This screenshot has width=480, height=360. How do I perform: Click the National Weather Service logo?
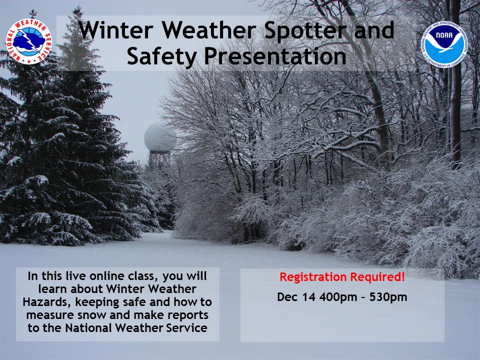point(29,41)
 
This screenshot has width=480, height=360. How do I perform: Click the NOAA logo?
point(444,44)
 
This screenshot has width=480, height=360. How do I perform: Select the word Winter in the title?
point(115,30)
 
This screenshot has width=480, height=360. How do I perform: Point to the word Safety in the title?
point(161,57)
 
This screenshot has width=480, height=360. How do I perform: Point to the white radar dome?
point(159,137)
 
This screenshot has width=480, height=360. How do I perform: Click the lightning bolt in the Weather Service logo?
point(29,40)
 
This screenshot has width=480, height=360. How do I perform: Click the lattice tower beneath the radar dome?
point(159,159)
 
